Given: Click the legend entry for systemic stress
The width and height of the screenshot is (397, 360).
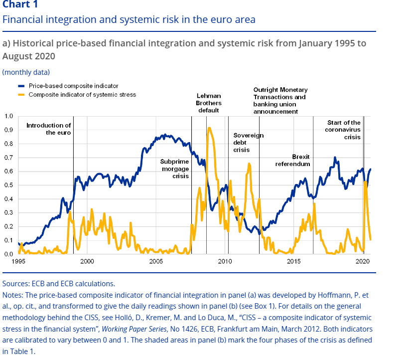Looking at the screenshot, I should (x=82, y=94).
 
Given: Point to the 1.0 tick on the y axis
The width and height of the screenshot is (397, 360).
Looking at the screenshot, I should (x=8, y=116).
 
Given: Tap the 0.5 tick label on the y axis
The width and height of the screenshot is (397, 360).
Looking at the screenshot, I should (x=8, y=185).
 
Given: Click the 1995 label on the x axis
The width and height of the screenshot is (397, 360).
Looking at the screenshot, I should (x=18, y=261).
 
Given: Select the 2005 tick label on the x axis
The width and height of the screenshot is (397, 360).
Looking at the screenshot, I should (x=155, y=261).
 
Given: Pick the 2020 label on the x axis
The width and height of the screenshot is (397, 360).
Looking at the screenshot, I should (x=362, y=261).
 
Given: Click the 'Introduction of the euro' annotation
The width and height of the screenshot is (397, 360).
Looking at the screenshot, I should (x=48, y=129).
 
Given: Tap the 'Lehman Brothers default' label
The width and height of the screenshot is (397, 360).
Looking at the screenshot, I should (x=208, y=103).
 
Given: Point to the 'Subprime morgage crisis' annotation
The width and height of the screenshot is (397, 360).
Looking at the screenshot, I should (x=174, y=169).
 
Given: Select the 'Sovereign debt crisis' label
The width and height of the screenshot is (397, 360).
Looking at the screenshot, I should (x=248, y=143).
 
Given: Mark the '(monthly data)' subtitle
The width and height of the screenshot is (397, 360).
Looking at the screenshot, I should (x=26, y=72).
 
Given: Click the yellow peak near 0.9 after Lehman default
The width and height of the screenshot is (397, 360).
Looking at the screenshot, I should (x=209, y=128).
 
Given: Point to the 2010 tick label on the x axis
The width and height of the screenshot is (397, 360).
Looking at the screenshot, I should (x=224, y=261).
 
